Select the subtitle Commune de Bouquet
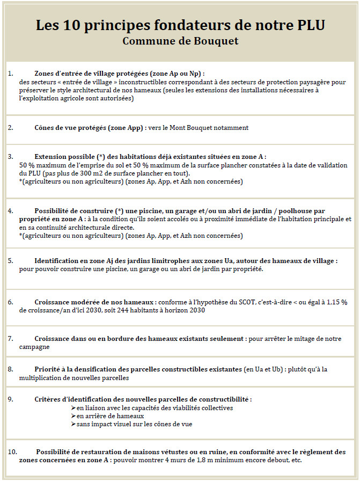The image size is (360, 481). coord(180,41)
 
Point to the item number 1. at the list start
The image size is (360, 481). coord(11,73)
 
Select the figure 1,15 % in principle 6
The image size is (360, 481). coord(332,302)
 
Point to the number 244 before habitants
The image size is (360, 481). coord(102,310)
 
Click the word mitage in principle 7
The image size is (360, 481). coord(302,339)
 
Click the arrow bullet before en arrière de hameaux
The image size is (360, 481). coord(73,416)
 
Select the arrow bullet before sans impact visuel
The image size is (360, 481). coord(73,424)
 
